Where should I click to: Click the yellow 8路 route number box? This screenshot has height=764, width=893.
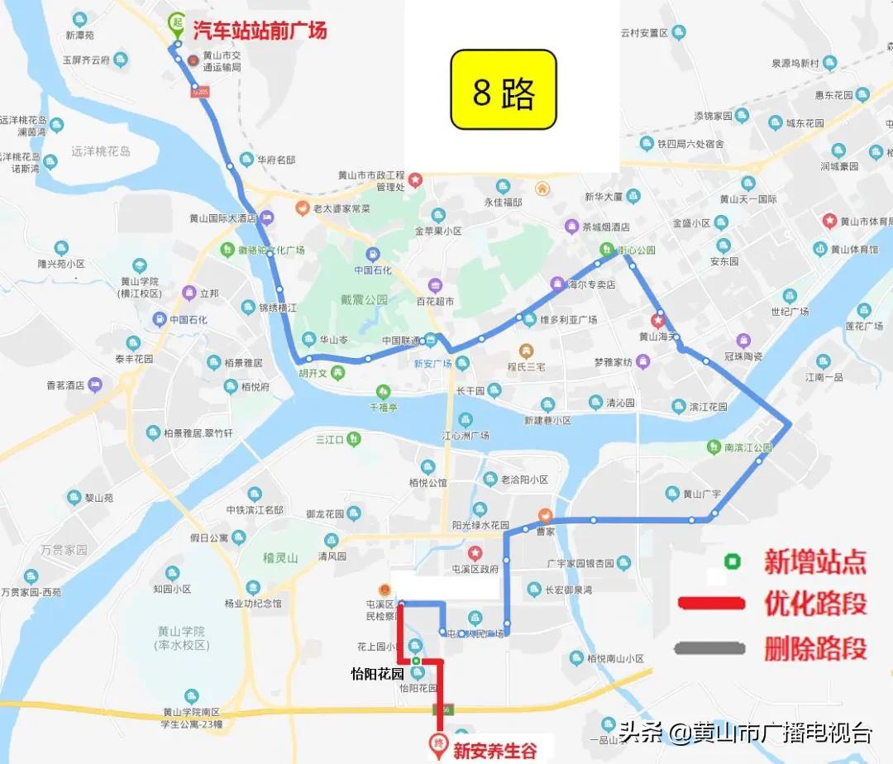click(x=503, y=89)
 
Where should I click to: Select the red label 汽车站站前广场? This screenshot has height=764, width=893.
click(x=260, y=31)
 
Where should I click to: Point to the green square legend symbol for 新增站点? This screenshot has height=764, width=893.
click(x=732, y=562)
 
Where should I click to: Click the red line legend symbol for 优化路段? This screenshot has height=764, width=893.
click(x=711, y=603)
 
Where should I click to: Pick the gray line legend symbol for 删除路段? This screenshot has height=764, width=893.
click(x=711, y=647)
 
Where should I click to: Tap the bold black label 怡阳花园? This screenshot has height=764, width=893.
click(x=378, y=673)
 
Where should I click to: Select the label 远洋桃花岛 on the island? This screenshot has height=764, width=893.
click(x=101, y=151)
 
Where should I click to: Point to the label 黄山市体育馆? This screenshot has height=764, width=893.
click(x=866, y=221)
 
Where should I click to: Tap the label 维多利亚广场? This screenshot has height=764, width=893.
click(x=568, y=319)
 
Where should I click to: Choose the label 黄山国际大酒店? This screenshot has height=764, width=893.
click(x=223, y=219)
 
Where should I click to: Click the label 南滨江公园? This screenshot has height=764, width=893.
click(x=747, y=447)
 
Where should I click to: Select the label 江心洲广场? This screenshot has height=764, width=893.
click(x=466, y=436)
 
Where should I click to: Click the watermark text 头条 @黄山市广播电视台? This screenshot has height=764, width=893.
click(x=746, y=732)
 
